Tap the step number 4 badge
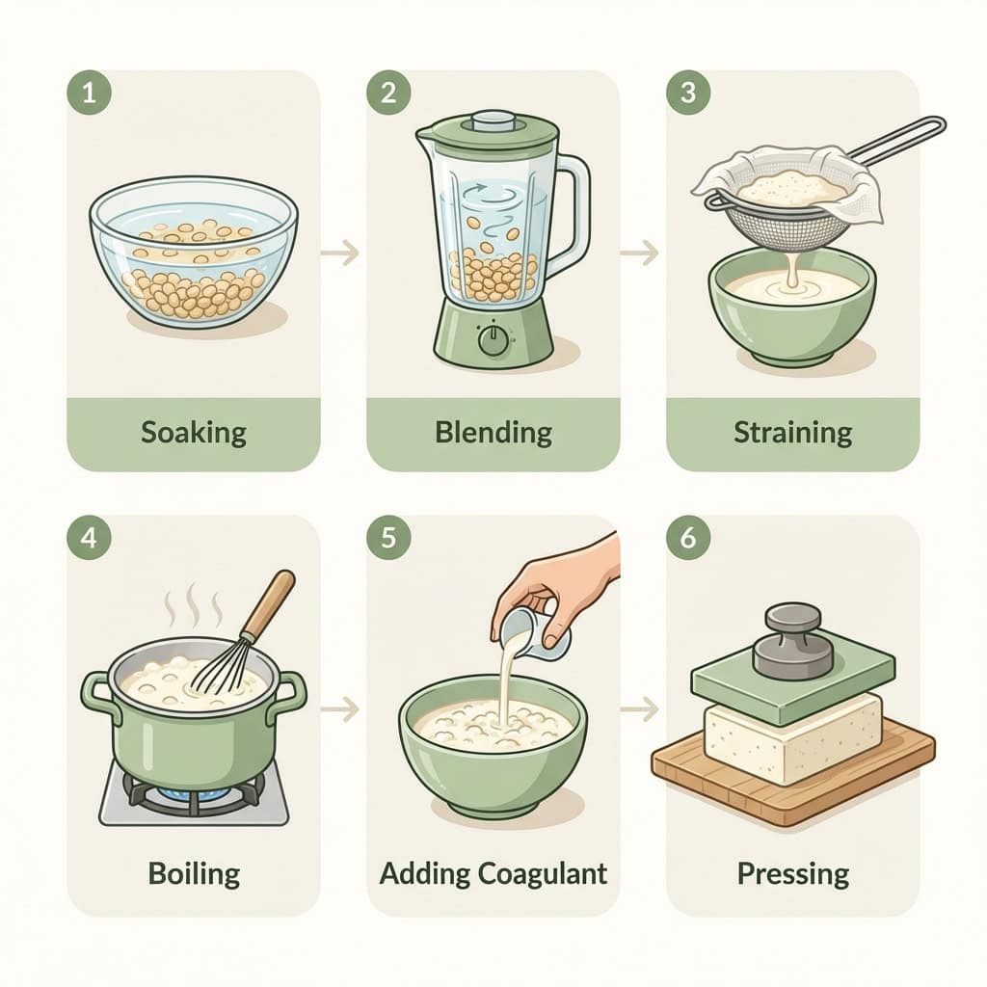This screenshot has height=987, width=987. (x=89, y=538)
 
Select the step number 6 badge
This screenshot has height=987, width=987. (x=687, y=538)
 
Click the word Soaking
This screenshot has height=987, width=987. (x=194, y=431)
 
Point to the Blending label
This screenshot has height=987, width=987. (x=493, y=431)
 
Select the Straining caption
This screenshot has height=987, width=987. (x=792, y=431)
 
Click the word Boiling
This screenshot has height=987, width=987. (x=194, y=873)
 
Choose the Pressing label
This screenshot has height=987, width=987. (x=792, y=873)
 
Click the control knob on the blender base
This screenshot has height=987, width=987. (x=493, y=339)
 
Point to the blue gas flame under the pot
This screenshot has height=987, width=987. (x=193, y=793)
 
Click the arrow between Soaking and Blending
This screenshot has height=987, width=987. (x=340, y=253)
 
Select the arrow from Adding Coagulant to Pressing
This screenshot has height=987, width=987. (x=639, y=710)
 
